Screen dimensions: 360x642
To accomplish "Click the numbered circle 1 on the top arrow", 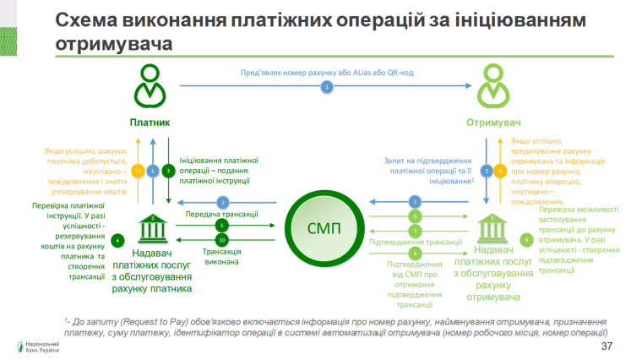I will coord(325,87).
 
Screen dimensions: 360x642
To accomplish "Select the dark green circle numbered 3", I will coord(168,171).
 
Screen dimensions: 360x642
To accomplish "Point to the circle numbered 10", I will coord(221,241).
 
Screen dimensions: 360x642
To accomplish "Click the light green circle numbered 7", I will coord(415,231).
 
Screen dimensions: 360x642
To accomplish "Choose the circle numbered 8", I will coord(415,253).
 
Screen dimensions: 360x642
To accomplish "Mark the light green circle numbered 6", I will coord(527,240).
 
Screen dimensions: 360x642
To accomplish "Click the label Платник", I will coord(150,123).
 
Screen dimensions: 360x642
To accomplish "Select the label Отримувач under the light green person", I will coord(494,123).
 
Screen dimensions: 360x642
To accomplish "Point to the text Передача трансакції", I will coord(222,214).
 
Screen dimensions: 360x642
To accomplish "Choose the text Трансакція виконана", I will coord(222,257).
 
